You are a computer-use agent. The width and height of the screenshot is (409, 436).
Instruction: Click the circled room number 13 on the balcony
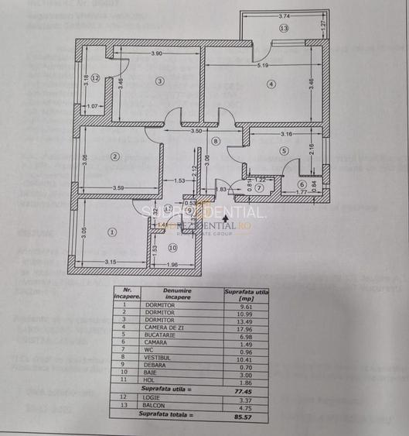point(284,29)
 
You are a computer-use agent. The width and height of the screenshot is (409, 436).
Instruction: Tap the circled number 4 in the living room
point(271,84)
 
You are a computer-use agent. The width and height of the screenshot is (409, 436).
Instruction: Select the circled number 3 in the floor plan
point(159,81)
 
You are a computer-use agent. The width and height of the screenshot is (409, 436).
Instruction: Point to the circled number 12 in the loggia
point(95,78)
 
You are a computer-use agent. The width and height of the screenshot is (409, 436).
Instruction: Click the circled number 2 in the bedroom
point(115,157)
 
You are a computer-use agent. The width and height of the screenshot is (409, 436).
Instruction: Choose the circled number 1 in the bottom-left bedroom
point(111,232)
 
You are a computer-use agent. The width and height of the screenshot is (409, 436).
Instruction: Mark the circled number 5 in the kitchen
point(284,151)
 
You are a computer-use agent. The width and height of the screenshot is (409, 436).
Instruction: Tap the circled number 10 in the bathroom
point(172,249)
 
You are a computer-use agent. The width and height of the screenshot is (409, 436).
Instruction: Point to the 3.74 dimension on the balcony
point(284,15)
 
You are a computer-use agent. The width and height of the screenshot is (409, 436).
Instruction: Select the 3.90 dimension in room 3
point(156,53)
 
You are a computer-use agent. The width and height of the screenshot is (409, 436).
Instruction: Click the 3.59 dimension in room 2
point(118,188)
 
